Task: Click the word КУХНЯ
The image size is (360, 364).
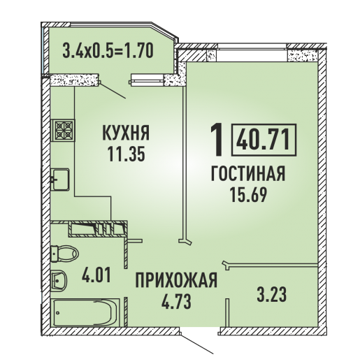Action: point(126,133)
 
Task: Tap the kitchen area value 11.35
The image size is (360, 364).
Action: point(126,154)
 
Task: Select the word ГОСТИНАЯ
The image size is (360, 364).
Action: point(248,174)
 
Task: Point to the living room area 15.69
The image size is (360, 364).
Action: point(248,195)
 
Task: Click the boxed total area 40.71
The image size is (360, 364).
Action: point(264,140)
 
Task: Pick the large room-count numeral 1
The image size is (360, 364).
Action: point(217,140)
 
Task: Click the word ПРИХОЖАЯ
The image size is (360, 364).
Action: point(176,280)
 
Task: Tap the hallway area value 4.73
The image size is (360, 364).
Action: point(176,301)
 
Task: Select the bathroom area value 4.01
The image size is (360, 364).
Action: point(96,275)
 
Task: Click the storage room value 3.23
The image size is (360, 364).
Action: point(272,294)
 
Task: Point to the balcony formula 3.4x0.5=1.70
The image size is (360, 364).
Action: point(108,51)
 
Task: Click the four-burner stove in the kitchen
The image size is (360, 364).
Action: point(63,130)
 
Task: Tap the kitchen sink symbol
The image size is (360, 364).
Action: point(60,180)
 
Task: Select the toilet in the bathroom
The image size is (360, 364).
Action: point(64,254)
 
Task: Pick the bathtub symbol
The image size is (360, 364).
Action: point(85,313)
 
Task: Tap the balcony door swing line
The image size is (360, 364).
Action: point(113,91)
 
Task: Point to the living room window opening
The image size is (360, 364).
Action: point(252,55)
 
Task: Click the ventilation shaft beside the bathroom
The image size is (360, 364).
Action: point(98,228)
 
